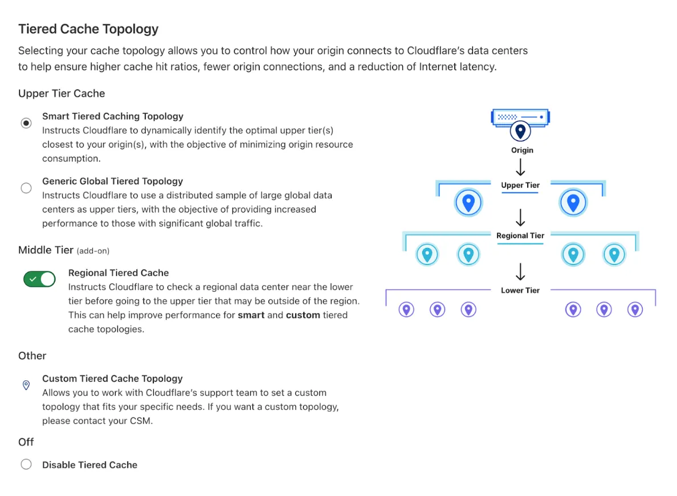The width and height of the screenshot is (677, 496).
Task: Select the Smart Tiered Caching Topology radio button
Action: [x=26, y=123]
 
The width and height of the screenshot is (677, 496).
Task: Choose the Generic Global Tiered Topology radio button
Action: [x=26, y=188]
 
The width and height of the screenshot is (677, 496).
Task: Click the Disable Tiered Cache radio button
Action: [x=26, y=464]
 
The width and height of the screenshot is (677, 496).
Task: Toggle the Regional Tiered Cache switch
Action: [x=39, y=279]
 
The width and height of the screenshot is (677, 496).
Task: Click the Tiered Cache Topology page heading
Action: [x=88, y=29]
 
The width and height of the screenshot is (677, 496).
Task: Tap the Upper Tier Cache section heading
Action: [x=62, y=93]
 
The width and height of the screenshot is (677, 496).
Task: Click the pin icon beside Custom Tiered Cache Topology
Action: [x=26, y=385]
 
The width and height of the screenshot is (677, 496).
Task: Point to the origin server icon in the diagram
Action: [x=520, y=117]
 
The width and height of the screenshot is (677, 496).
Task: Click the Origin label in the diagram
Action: [x=522, y=151]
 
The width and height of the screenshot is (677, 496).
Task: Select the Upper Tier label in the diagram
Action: [x=520, y=185]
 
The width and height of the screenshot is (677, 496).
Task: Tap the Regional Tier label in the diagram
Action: [x=520, y=235]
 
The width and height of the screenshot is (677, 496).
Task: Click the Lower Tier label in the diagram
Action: [x=520, y=290]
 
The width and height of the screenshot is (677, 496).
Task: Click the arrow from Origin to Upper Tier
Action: [x=520, y=167]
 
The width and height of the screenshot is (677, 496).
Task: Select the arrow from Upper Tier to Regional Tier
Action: [x=520, y=217]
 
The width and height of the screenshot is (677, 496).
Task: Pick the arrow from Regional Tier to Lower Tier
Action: [x=520, y=271]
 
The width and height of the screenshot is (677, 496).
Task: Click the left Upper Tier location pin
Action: [x=468, y=202]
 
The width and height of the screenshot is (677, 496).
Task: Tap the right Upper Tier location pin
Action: [x=573, y=202]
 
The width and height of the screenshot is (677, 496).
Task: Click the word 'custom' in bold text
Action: [x=303, y=315]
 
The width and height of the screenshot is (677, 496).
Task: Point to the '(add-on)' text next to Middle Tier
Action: [x=93, y=250]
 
